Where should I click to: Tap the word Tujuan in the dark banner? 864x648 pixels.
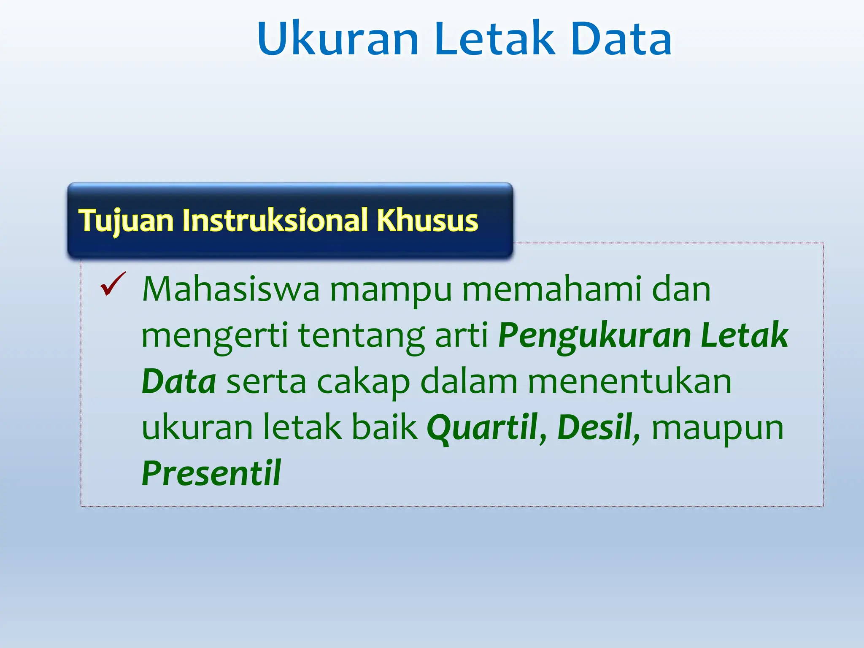click(x=126, y=221)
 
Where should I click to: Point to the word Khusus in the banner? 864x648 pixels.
click(x=427, y=221)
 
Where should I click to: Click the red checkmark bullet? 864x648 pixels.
click(x=113, y=284)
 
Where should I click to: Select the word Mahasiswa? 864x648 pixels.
click(x=231, y=289)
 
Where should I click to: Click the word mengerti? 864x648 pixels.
click(x=215, y=336)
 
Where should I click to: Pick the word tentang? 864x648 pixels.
click(x=362, y=336)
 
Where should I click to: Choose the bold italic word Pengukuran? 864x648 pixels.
click(x=594, y=336)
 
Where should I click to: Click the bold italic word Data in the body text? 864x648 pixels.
click(x=179, y=381)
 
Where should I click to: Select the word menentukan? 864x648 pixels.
click(x=629, y=381)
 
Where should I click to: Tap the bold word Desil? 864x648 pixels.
click(x=595, y=427)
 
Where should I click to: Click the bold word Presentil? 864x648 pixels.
click(x=211, y=473)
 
